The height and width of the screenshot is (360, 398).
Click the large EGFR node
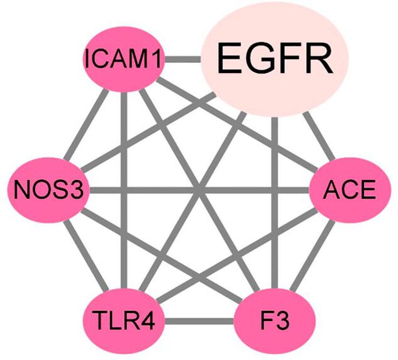[275, 60]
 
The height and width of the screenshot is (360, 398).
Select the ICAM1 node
[124, 60]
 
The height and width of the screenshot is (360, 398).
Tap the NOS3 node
[49, 189]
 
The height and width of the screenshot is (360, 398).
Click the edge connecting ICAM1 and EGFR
[182, 60]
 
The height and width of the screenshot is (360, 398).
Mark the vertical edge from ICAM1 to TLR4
[124, 189]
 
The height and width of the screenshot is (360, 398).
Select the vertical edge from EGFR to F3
[275, 208]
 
